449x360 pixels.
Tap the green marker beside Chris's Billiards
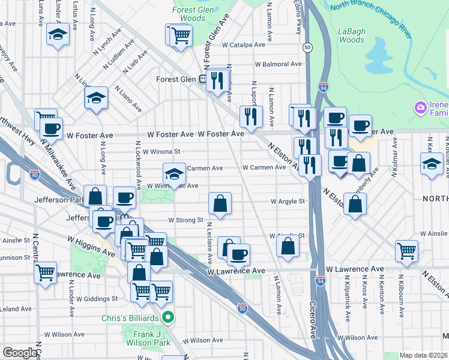(x=168, y=317)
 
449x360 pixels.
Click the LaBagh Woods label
(x=351, y=35)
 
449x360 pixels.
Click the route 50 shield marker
(x=307, y=47)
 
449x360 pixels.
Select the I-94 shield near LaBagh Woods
(x=324, y=88)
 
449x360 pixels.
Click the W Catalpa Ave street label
(x=243, y=45)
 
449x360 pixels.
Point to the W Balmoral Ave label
(x=278, y=64)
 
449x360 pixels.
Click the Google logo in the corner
(x=20, y=353)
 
